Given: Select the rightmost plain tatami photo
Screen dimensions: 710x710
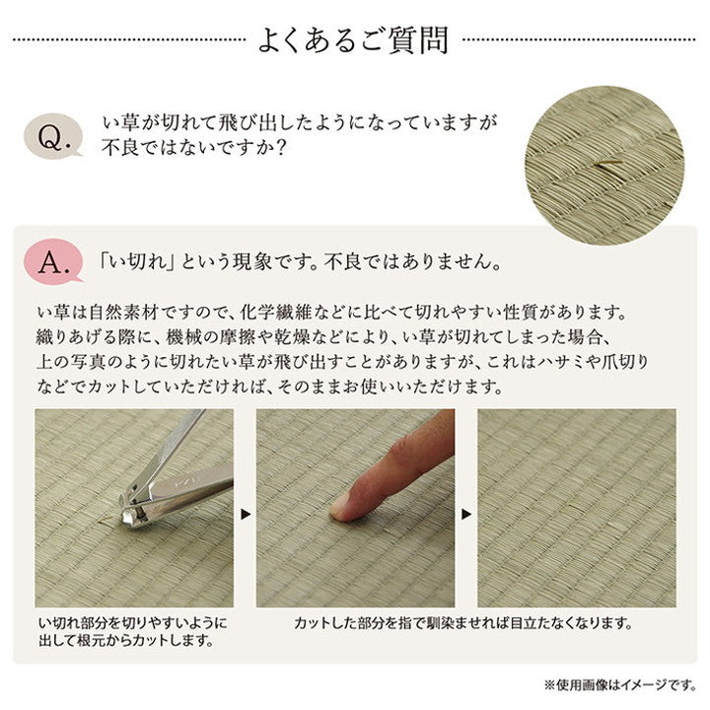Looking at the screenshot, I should (576, 508).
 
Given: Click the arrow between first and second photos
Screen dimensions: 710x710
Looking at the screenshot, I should (245, 513).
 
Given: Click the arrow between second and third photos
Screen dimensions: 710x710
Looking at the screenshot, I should (466, 513).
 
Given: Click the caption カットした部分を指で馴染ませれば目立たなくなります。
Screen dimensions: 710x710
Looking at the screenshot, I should (462, 623).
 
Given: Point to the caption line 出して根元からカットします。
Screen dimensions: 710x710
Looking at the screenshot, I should (125, 641).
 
